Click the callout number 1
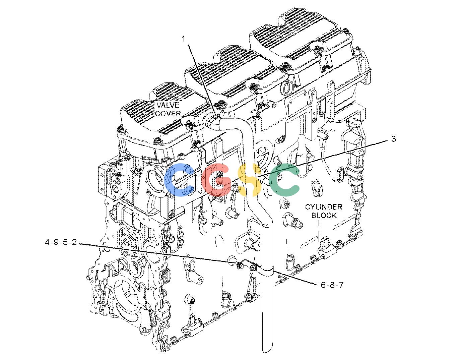(x=183, y=39)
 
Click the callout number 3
(x=393, y=139)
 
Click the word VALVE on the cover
(x=168, y=105)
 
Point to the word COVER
(x=168, y=114)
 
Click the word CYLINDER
(x=324, y=207)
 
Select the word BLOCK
(x=324, y=215)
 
